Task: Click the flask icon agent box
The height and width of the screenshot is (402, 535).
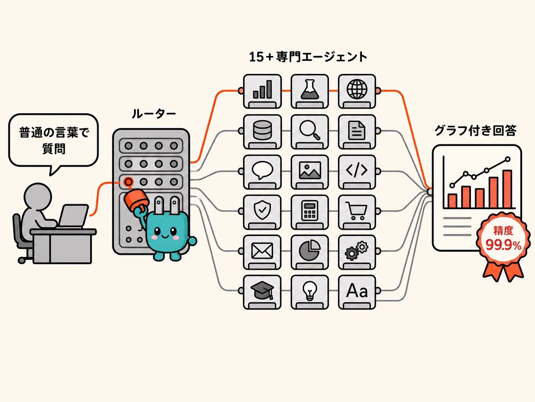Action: pos(310,91)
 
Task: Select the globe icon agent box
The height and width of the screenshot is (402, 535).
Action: pos(357,91)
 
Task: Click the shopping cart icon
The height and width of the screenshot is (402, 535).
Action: pos(356,211)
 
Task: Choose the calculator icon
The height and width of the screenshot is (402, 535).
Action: pos(310,211)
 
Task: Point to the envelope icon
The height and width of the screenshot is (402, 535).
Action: pos(262,251)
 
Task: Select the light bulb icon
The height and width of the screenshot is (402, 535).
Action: pos(310,291)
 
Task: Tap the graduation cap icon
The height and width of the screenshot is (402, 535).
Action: pos(262,290)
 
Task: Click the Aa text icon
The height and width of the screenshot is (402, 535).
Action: pos(357,291)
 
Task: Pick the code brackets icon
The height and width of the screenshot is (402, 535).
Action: pos(357,170)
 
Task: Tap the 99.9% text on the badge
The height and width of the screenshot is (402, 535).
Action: pos(503,245)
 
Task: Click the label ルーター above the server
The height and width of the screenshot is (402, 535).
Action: pos(154,114)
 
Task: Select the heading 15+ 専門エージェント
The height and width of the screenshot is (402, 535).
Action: pos(308,57)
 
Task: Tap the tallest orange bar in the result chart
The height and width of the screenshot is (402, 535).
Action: pos(507,189)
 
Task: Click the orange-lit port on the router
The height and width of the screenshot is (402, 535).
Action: pos(128,182)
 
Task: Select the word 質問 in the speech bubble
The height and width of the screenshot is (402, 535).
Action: pos(54,149)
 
